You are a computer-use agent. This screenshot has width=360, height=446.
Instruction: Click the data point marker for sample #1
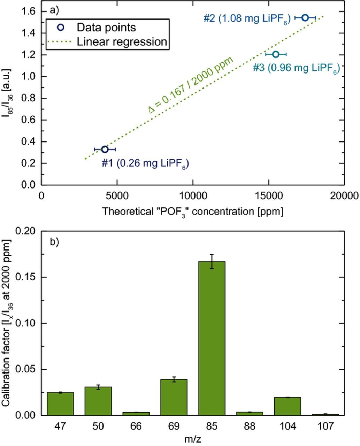click(105, 149)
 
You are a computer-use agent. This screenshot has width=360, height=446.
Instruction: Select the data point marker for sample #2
click(305, 17)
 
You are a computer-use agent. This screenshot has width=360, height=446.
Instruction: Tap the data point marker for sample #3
click(276, 54)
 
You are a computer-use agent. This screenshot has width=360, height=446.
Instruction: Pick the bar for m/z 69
click(174, 397)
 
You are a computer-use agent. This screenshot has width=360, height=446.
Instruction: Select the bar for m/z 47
click(60, 404)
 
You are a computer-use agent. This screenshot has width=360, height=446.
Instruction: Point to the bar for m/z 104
click(287, 406)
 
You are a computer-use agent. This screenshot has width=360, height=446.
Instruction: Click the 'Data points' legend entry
click(106, 27)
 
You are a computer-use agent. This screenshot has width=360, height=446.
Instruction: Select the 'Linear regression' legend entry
click(122, 42)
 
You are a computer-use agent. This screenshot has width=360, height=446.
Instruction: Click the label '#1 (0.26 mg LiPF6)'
click(145, 163)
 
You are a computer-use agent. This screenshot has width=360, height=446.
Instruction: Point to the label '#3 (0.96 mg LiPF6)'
click(296, 68)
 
